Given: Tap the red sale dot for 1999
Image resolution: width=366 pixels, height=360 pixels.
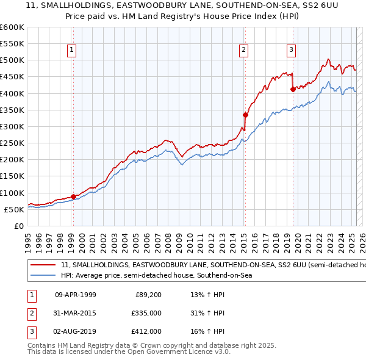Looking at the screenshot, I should pyautogui.click(x=73, y=196).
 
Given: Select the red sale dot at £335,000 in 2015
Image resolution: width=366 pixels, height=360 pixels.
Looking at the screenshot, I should pyautogui.click(x=245, y=114).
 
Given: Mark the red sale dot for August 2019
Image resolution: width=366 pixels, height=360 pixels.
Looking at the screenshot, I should pyautogui.click(x=293, y=89).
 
